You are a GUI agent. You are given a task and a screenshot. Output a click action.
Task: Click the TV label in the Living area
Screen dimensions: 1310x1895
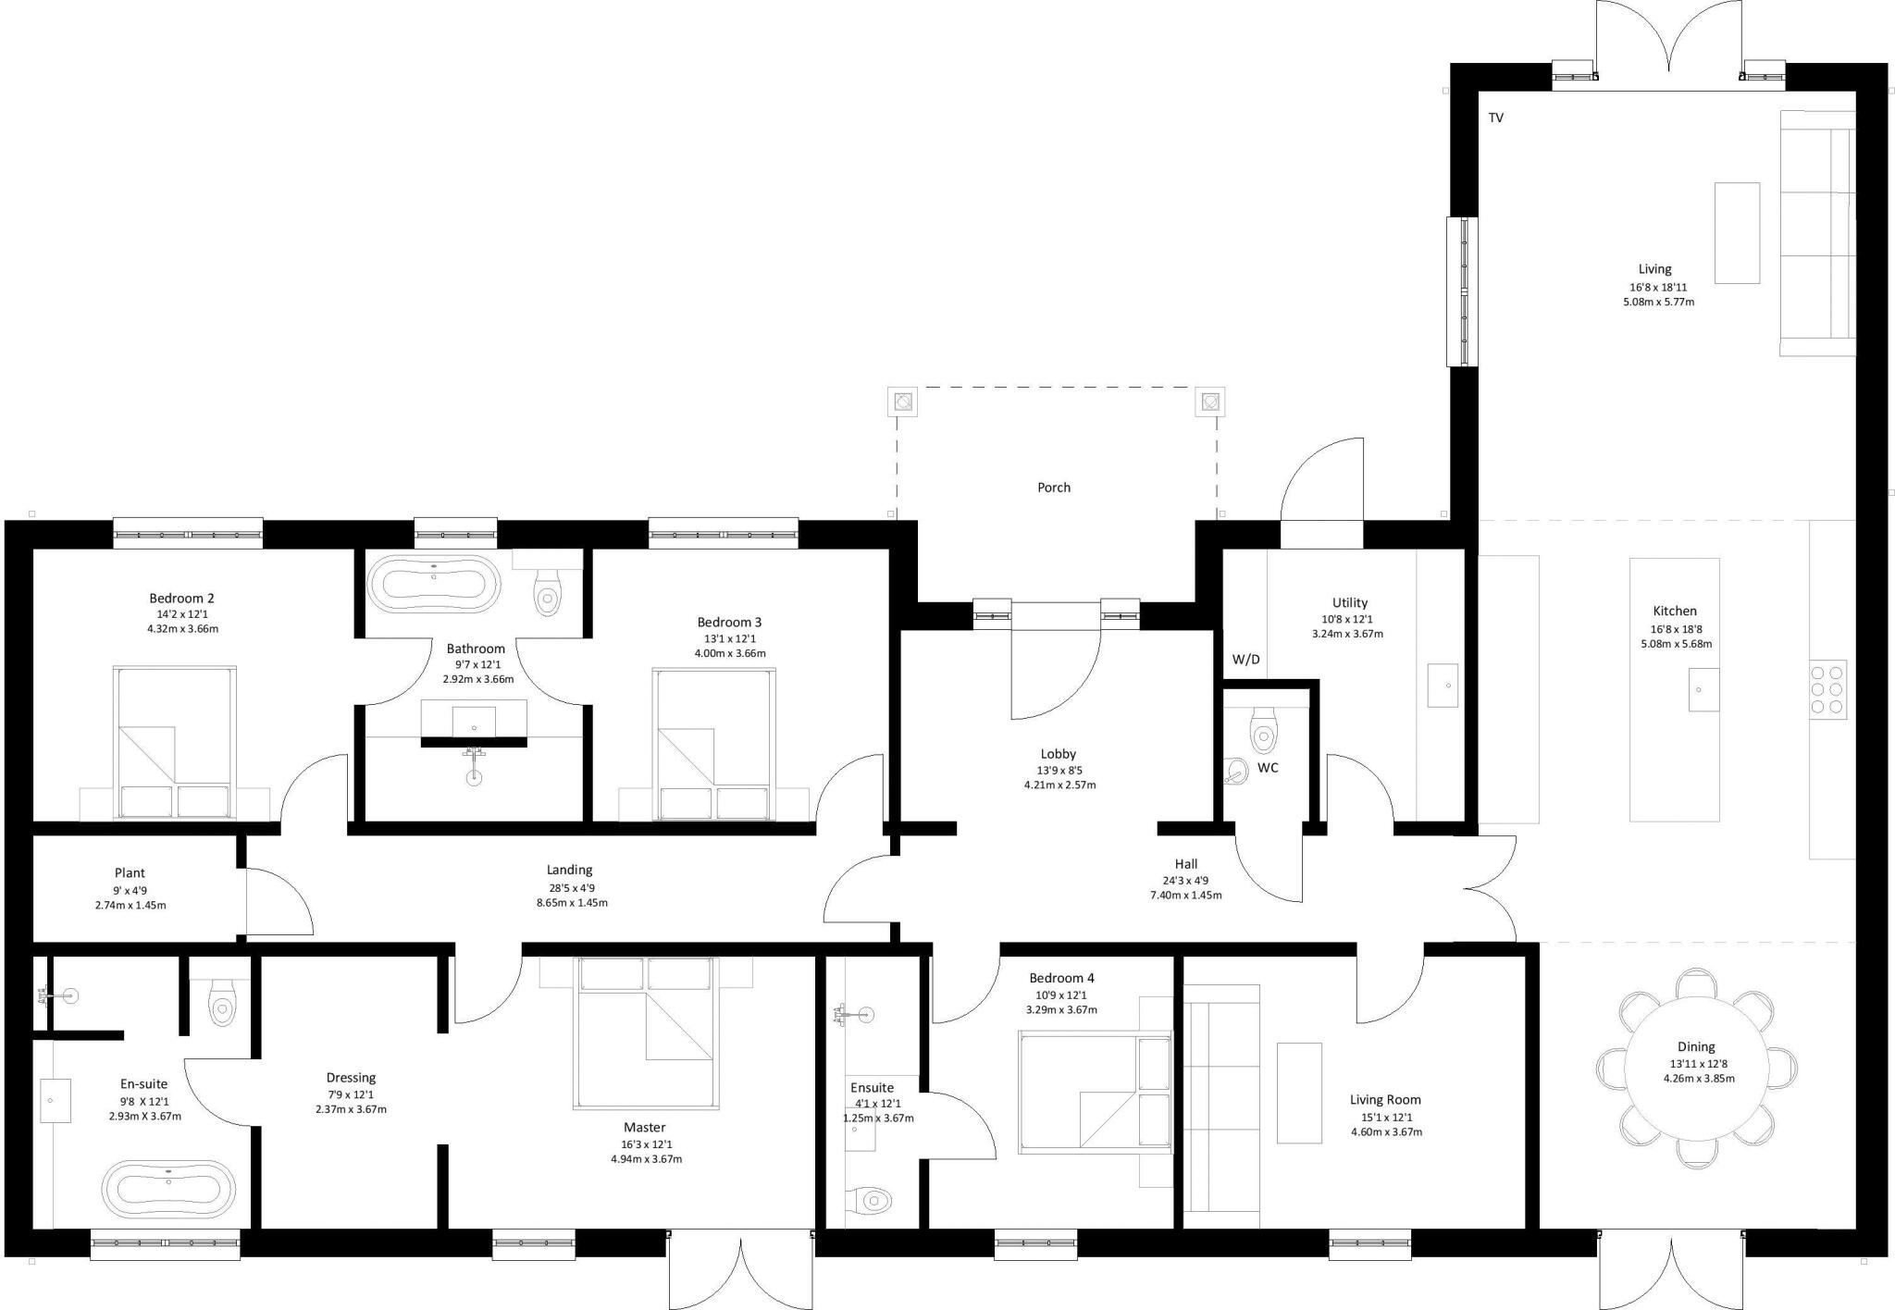tap(1495, 117)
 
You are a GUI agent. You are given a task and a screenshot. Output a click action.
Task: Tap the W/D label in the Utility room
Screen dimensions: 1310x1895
tap(1245, 660)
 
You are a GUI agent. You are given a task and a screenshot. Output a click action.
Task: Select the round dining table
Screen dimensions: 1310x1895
tap(1696, 1067)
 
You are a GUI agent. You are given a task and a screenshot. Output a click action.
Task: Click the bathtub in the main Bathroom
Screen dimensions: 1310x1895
tap(433, 585)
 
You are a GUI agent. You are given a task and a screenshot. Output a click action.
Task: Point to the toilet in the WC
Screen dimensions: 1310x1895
tap(1262, 732)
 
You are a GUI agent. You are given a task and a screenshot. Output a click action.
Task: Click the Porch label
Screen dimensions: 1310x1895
tap(1053, 488)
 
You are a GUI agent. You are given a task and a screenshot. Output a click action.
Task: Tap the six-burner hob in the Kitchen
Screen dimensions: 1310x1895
tap(1827, 689)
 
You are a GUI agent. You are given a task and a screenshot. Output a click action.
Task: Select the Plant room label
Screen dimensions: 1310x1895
tap(130, 872)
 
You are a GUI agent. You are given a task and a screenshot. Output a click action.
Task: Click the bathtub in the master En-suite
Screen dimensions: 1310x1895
tap(167, 1188)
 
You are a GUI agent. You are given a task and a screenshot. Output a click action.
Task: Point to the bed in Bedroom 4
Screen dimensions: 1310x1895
tap(1094, 1094)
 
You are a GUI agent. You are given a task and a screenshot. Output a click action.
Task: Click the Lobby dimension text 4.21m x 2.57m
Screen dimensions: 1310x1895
tap(1059, 785)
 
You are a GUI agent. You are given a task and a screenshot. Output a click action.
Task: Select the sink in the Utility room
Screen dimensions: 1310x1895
tap(1442, 686)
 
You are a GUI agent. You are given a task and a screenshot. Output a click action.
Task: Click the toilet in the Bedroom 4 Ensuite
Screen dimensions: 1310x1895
tap(868, 1201)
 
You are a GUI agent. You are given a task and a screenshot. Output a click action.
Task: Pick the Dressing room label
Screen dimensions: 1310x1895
tap(351, 1078)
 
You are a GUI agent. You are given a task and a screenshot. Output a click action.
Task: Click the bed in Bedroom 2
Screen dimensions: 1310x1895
tap(174, 742)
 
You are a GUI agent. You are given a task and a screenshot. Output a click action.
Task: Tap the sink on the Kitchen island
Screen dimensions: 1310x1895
tap(1703, 690)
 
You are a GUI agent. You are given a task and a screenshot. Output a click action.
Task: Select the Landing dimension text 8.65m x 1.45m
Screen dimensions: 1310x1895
tap(572, 902)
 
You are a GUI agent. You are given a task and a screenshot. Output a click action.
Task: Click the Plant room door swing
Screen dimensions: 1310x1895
tap(278, 902)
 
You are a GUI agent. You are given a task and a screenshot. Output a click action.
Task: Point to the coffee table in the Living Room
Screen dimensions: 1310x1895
tap(1298, 1093)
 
